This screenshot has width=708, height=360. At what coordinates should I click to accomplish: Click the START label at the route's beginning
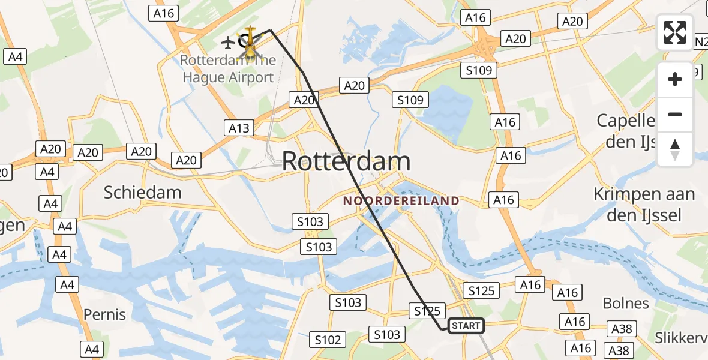466,326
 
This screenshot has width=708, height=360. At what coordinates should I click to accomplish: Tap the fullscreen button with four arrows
675,32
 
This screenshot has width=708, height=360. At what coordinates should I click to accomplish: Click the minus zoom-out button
675,114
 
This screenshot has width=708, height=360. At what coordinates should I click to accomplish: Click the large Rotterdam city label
346,161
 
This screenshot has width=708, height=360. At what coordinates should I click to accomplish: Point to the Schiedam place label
142,192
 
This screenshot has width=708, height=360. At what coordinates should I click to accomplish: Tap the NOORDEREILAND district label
401,201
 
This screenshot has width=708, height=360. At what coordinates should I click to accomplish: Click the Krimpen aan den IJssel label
644,205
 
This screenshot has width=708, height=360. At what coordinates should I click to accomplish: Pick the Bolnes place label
626,303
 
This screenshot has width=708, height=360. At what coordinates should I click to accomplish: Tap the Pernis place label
104,314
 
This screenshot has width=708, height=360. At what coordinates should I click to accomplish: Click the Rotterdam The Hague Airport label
227,69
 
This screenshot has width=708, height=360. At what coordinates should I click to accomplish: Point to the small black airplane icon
227,43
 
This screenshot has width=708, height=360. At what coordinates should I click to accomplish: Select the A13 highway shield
238,128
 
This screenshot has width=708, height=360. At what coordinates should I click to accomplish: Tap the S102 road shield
328,340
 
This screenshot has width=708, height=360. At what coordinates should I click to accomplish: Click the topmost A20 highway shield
572,22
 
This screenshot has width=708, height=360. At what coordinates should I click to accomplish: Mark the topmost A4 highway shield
15,57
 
